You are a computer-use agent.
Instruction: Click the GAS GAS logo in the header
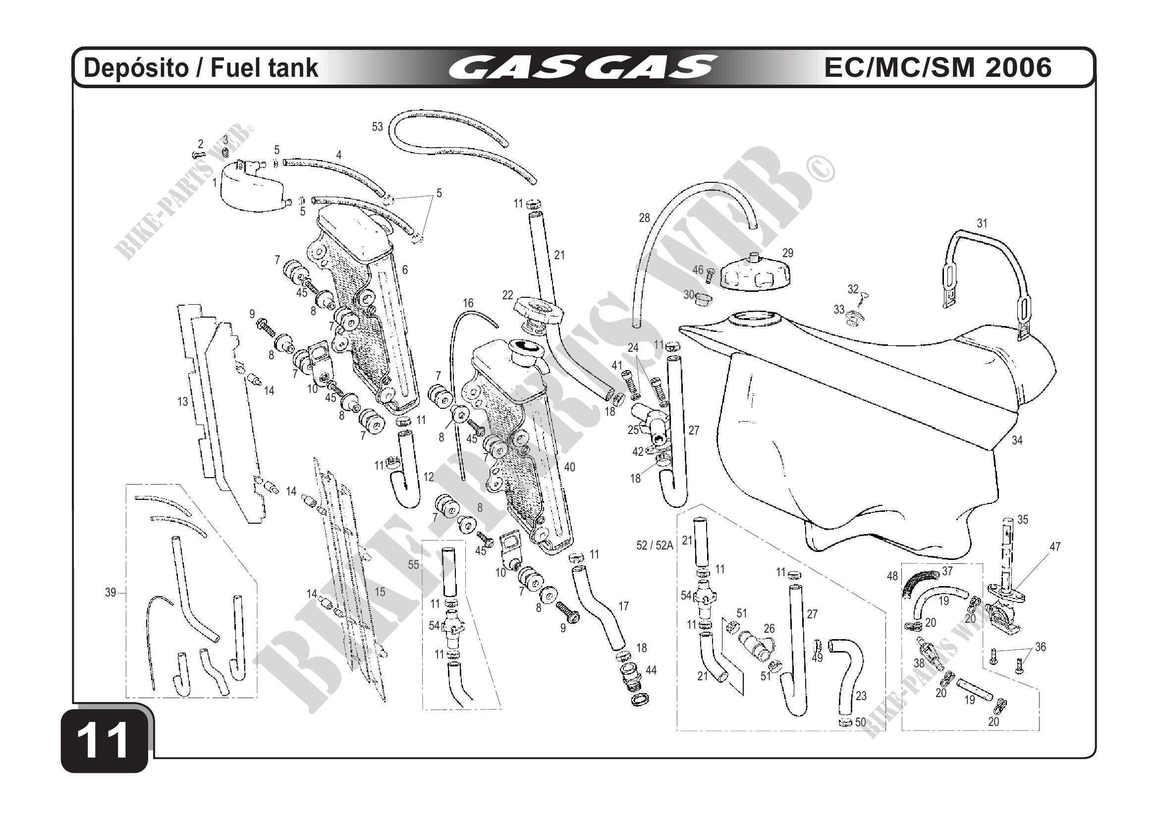pyautogui.click(x=583, y=67)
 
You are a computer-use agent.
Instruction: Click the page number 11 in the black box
pyautogui.click(x=105, y=741)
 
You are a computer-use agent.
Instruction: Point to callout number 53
pyautogui.click(x=377, y=127)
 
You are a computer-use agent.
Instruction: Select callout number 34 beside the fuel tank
pyautogui.click(x=1017, y=440)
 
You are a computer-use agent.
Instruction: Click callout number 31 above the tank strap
pyautogui.click(x=982, y=223)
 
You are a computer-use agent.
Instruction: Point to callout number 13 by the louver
pyautogui.click(x=182, y=401)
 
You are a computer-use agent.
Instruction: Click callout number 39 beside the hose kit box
pyautogui.click(x=110, y=593)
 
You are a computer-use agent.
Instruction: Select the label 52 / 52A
pyautogui.click(x=655, y=545)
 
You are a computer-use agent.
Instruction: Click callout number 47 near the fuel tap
pyautogui.click(x=1055, y=546)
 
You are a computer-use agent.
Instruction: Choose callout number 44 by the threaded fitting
pyautogui.click(x=651, y=670)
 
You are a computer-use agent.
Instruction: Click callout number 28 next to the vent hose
pyautogui.click(x=644, y=218)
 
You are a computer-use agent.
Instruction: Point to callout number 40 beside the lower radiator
pyautogui.click(x=569, y=467)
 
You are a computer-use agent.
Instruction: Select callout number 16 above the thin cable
pyautogui.click(x=468, y=303)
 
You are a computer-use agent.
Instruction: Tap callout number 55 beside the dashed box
pyautogui.click(x=413, y=565)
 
